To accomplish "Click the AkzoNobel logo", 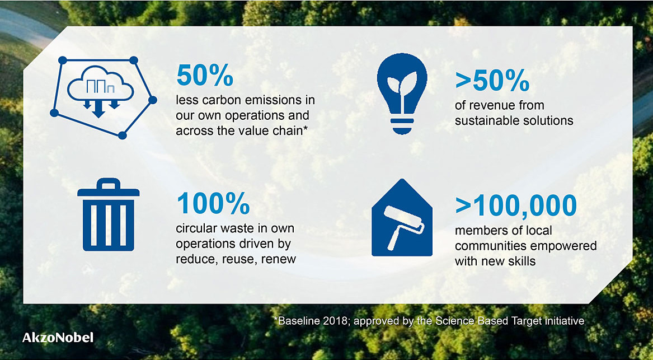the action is pyautogui.click(x=58, y=337).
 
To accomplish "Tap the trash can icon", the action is pyautogui.click(x=109, y=215).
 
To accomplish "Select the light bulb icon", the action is pyautogui.click(x=401, y=93).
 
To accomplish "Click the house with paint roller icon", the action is pyautogui.click(x=401, y=217).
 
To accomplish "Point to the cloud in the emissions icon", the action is pyautogui.click(x=100, y=85).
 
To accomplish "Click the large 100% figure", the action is pyautogui.click(x=213, y=204).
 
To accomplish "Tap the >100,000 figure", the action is pyautogui.click(x=515, y=206).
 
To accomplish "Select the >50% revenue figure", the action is pyautogui.click(x=492, y=81).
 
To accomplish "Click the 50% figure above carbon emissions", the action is pyautogui.click(x=204, y=75).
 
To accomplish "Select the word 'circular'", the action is pyautogui.click(x=192, y=229).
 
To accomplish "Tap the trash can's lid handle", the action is pyautogui.click(x=109, y=183).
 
